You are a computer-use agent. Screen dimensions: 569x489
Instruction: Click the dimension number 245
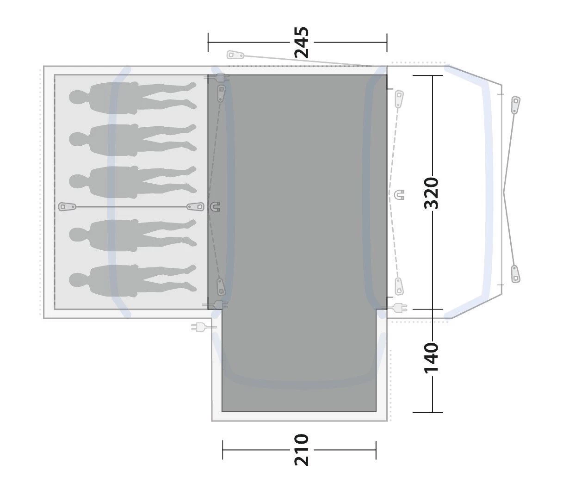tap(302, 43)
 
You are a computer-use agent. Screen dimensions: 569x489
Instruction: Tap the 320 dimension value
tap(431, 193)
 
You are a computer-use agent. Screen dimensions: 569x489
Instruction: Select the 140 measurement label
tap(431, 358)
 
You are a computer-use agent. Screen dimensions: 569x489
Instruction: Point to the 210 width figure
tap(302, 450)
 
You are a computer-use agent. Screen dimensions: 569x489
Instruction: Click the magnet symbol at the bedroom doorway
tap(215, 206)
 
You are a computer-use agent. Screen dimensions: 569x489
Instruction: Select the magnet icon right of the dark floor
tap(399, 195)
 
